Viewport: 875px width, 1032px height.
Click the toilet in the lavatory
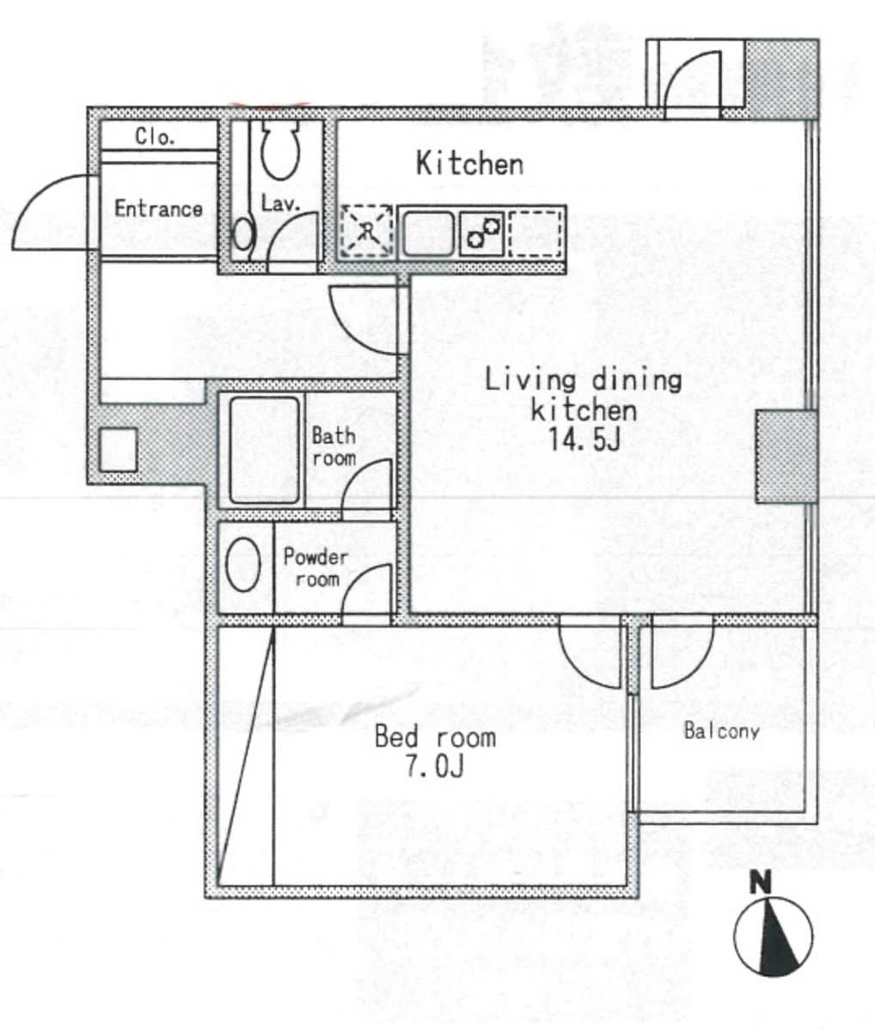point(280,149)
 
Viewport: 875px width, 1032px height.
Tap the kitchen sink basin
point(429,233)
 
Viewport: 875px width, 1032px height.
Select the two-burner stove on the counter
point(481,233)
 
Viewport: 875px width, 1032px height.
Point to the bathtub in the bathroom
point(265,450)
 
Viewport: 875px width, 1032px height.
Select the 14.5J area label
point(584,439)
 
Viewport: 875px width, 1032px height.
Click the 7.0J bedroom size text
point(435,766)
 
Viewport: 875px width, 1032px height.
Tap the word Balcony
point(722,731)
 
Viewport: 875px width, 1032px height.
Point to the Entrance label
point(158,208)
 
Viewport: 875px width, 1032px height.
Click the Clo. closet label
point(155,136)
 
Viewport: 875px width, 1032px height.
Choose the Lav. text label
point(280,203)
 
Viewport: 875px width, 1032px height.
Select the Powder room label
point(316,568)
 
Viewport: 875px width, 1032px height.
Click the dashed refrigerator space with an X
point(367,231)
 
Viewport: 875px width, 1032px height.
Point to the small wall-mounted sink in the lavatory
point(243,234)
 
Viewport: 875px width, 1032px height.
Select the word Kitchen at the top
point(469,163)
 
